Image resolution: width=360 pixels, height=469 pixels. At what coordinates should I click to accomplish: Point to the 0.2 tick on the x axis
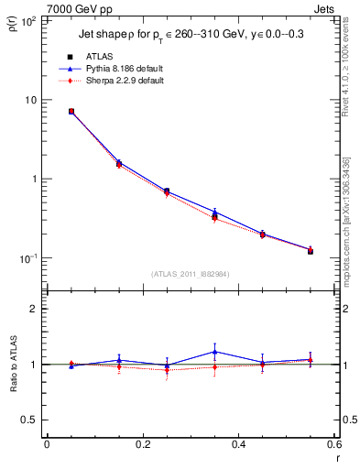(x=142, y=446)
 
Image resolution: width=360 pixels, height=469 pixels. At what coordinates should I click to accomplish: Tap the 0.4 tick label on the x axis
(x=238, y=446)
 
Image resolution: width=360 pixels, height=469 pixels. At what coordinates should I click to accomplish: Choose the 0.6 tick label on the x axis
(x=333, y=446)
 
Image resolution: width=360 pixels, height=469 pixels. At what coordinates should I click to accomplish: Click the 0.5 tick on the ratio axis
(x=29, y=420)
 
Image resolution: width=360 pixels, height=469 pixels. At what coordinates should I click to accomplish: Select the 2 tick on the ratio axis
(x=34, y=309)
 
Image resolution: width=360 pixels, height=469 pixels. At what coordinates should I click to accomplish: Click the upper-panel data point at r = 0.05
(x=71, y=112)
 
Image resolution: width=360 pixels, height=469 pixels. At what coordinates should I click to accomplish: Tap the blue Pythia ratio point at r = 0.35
(x=214, y=352)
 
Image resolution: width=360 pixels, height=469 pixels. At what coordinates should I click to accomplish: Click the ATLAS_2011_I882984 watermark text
(x=190, y=274)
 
